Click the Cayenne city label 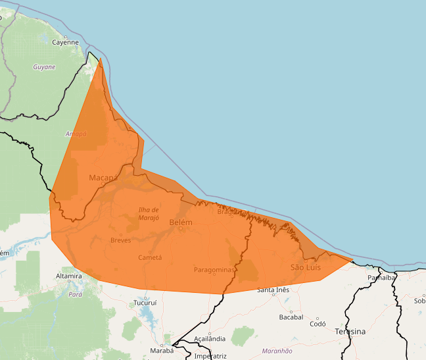[65, 42]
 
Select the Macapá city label [103, 178]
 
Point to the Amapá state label [76, 134]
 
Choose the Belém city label [181, 222]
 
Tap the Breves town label [120, 240]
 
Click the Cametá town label [150, 258]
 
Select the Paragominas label [214, 270]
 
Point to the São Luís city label [306, 267]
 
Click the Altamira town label [68, 276]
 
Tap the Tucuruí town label [145, 303]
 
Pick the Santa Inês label [273, 290]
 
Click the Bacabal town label [291, 317]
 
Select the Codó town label [318, 324]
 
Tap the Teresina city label [349, 332]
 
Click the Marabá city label [161, 350]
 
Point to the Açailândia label [210, 339]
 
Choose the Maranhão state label [277, 351]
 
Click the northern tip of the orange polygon [101, 59]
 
